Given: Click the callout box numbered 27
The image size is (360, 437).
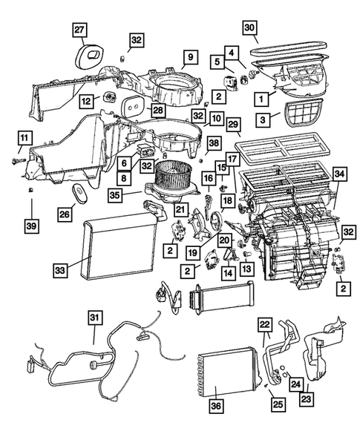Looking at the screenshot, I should click(x=79, y=30).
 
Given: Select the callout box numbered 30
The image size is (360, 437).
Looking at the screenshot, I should click(x=251, y=28).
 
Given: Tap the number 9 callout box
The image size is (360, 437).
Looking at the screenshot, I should click(x=190, y=57).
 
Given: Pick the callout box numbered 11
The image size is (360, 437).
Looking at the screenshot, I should click(x=25, y=137).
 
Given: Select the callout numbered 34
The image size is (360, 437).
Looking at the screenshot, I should click(x=339, y=174).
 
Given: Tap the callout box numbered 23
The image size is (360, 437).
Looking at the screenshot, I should click(x=305, y=398).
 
